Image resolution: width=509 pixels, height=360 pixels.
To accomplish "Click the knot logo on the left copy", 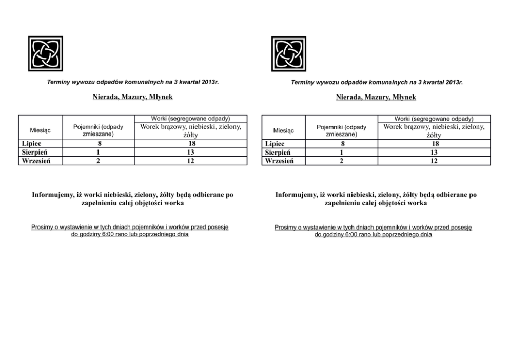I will (x=45, y=53).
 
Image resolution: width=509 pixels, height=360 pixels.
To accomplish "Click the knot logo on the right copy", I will (x=288, y=53).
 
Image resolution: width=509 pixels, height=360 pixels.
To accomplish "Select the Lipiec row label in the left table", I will (x=31, y=144).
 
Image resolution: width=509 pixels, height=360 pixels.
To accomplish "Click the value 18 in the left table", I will (x=191, y=144).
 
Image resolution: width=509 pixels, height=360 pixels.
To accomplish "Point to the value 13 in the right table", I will (x=434, y=153).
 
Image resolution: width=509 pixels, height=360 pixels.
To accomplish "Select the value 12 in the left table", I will (x=191, y=161).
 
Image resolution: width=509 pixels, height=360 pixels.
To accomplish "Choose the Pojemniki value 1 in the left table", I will (x=99, y=153).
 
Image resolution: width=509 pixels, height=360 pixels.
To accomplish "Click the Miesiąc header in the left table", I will (x=40, y=130).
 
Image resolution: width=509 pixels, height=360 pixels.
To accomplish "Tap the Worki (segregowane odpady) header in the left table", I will (x=191, y=119).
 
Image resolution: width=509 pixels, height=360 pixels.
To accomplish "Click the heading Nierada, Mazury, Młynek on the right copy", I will (x=376, y=97).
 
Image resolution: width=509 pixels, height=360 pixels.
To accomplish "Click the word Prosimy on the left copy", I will (x=42, y=227).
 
